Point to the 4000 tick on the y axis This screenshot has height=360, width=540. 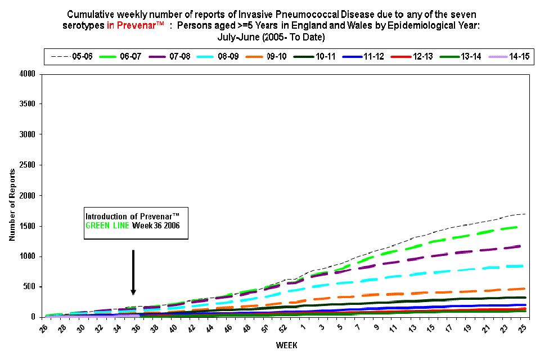(x=28, y=74)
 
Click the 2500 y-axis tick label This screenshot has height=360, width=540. (x=28, y=165)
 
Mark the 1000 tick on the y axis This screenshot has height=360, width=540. (x=28, y=256)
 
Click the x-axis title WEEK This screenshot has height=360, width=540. (x=286, y=345)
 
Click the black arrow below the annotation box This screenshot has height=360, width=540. (x=133, y=273)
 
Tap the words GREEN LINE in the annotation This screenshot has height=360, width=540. (x=107, y=226)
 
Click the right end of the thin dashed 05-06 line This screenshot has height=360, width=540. (x=525, y=214)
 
